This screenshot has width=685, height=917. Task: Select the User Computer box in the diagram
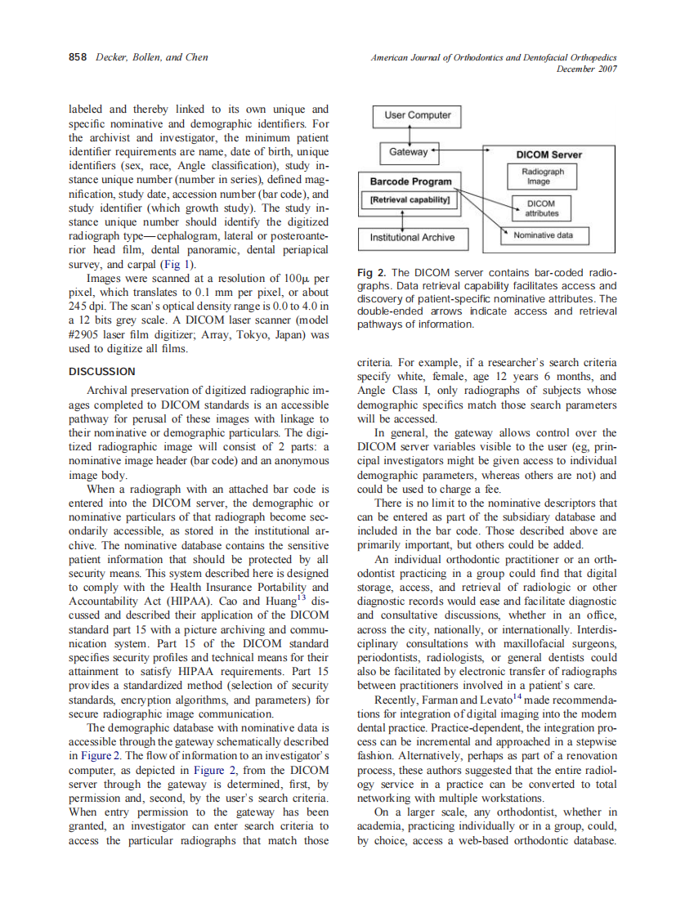click(417, 115)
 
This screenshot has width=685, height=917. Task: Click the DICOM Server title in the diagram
click(549, 154)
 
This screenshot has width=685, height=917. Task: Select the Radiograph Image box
click(543, 177)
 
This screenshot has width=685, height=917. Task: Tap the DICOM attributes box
click(540, 208)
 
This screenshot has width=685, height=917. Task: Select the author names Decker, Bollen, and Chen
click(152, 57)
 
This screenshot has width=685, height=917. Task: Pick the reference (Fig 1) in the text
click(179, 265)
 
